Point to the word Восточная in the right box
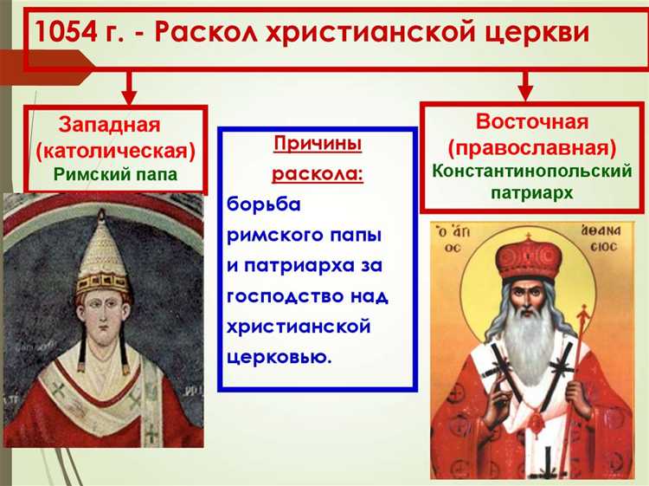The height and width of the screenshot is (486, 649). [532, 120]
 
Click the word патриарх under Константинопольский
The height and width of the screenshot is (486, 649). [533, 193]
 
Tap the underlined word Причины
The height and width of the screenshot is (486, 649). [318, 144]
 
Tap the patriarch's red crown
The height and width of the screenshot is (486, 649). [527, 259]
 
